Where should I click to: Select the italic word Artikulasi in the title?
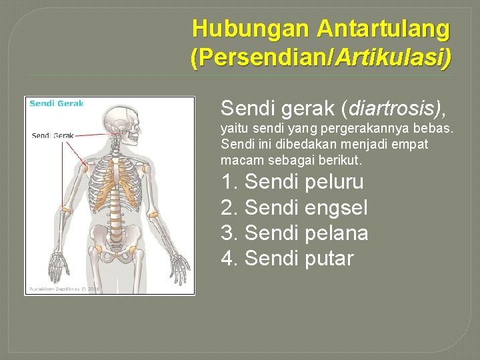point(392,57)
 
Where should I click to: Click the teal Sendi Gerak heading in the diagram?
point(57,103)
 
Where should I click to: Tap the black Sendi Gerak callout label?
point(53,135)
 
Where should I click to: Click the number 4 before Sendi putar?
point(227,258)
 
